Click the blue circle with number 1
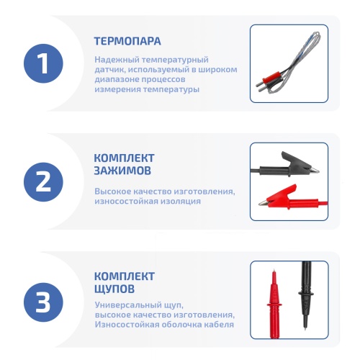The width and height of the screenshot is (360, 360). (43, 63)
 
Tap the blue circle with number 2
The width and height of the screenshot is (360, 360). (43, 182)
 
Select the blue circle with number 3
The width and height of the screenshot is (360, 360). (43, 302)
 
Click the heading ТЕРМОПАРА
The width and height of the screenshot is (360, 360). (127, 41)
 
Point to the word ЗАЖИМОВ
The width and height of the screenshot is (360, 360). (122, 171)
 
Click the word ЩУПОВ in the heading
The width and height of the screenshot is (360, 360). (114, 289)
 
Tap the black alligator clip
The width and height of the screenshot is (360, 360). (285, 166)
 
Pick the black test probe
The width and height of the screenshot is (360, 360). (306, 295)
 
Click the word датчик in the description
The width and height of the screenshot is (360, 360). (109, 70)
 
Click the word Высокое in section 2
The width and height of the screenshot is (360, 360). (112, 192)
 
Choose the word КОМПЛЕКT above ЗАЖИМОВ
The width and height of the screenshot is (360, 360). (124, 158)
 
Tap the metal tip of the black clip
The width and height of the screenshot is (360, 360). (315, 171)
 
